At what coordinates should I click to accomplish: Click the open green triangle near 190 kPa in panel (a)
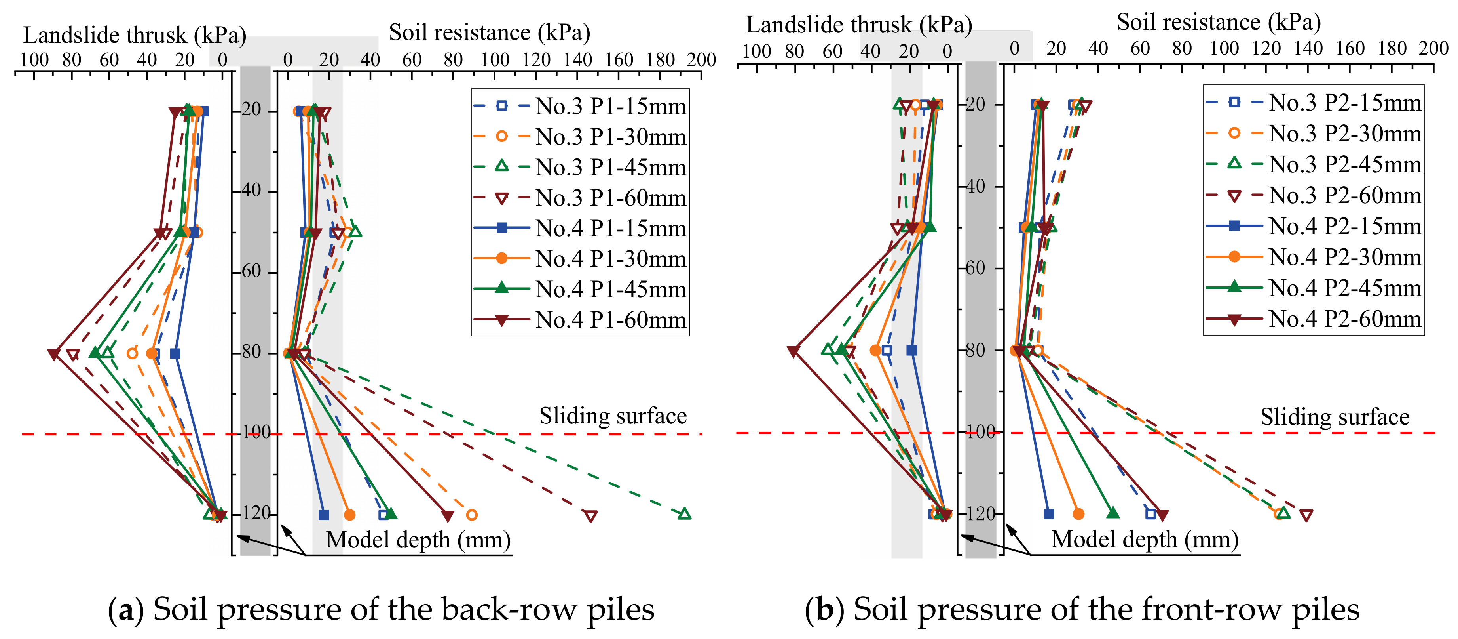click(x=684, y=514)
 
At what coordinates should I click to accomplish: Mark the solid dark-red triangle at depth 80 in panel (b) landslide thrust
click(x=793, y=352)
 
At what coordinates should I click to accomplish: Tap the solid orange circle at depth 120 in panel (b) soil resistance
click(x=1078, y=514)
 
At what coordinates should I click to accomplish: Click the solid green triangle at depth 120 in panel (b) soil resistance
click(x=1113, y=513)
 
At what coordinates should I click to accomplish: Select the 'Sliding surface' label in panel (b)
click(x=1335, y=418)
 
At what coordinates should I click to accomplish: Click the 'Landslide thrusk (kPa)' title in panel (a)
click(x=135, y=35)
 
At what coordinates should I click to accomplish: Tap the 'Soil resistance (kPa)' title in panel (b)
click(x=1219, y=23)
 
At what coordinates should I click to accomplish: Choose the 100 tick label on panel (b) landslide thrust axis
click(x=756, y=52)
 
